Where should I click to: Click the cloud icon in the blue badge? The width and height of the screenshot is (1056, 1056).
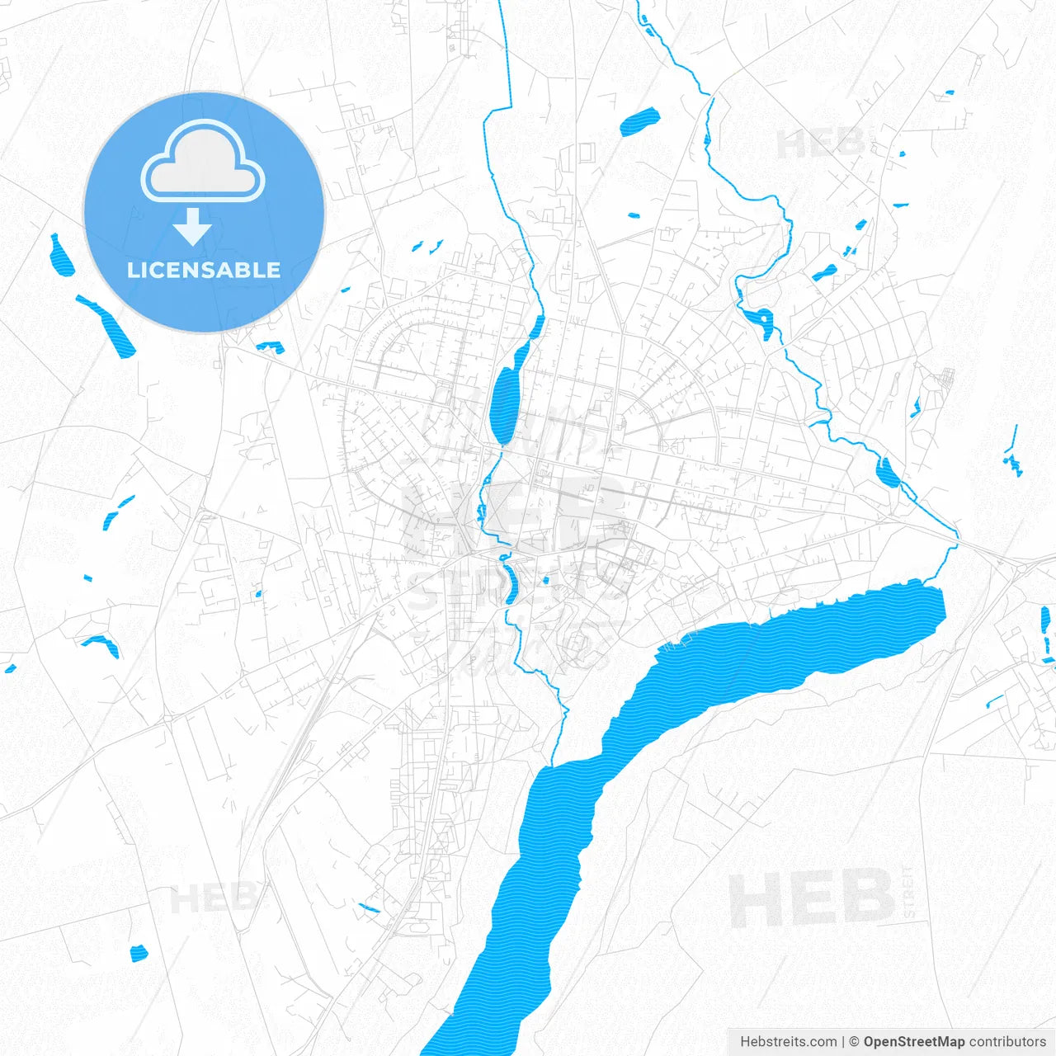pyautogui.click(x=203, y=163)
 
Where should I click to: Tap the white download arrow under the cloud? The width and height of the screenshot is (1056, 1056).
pyautogui.click(x=193, y=228)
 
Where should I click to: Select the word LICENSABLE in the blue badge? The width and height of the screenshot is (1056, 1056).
pyautogui.click(x=204, y=270)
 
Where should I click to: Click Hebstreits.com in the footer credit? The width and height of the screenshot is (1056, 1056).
pyautogui.click(x=788, y=1042)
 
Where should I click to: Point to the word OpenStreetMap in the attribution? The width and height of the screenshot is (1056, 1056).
pyautogui.click(x=913, y=1042)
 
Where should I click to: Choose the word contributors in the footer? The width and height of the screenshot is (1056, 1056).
pyautogui.click(x=1007, y=1042)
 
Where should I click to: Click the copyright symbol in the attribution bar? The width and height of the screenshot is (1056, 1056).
pyautogui.click(x=855, y=1042)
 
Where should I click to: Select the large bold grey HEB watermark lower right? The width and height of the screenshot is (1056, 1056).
pyautogui.click(x=811, y=899)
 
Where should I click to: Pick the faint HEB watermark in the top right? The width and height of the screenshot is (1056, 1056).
pyautogui.click(x=821, y=144)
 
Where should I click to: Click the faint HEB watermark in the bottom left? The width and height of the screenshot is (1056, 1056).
pyautogui.click(x=212, y=898)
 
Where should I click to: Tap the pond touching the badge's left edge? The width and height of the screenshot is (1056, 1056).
pyautogui.click(x=61, y=256)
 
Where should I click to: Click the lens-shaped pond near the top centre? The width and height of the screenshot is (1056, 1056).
pyautogui.click(x=639, y=122)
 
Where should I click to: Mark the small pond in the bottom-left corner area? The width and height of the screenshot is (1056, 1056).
pyautogui.click(x=139, y=953)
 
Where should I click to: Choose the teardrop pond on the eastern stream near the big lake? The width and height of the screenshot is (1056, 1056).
pyautogui.click(x=888, y=473)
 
